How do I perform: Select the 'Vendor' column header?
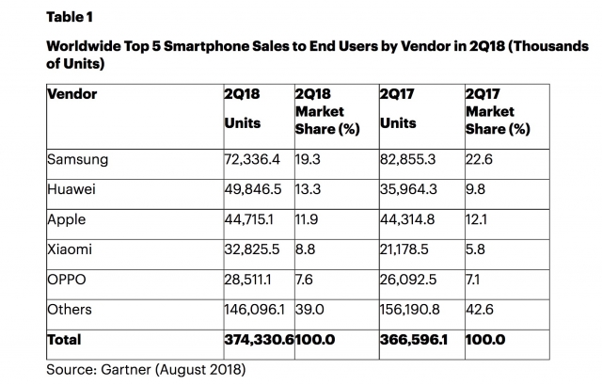pos(71,94)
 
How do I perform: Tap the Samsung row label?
pos(77,159)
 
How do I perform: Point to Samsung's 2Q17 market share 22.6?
pos(481,159)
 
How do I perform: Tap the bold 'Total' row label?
pos(64,340)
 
